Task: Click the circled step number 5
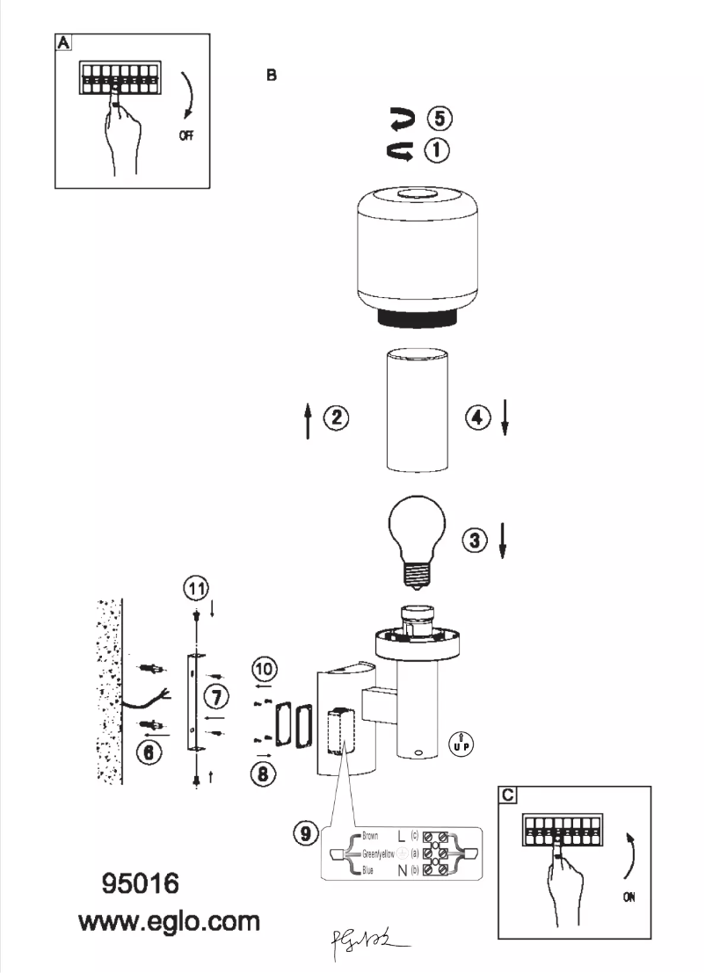click(437, 118)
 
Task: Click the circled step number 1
click(437, 150)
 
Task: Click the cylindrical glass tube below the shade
click(416, 409)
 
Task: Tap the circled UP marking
click(460, 742)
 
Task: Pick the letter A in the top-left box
click(63, 42)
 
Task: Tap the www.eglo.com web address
click(169, 923)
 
